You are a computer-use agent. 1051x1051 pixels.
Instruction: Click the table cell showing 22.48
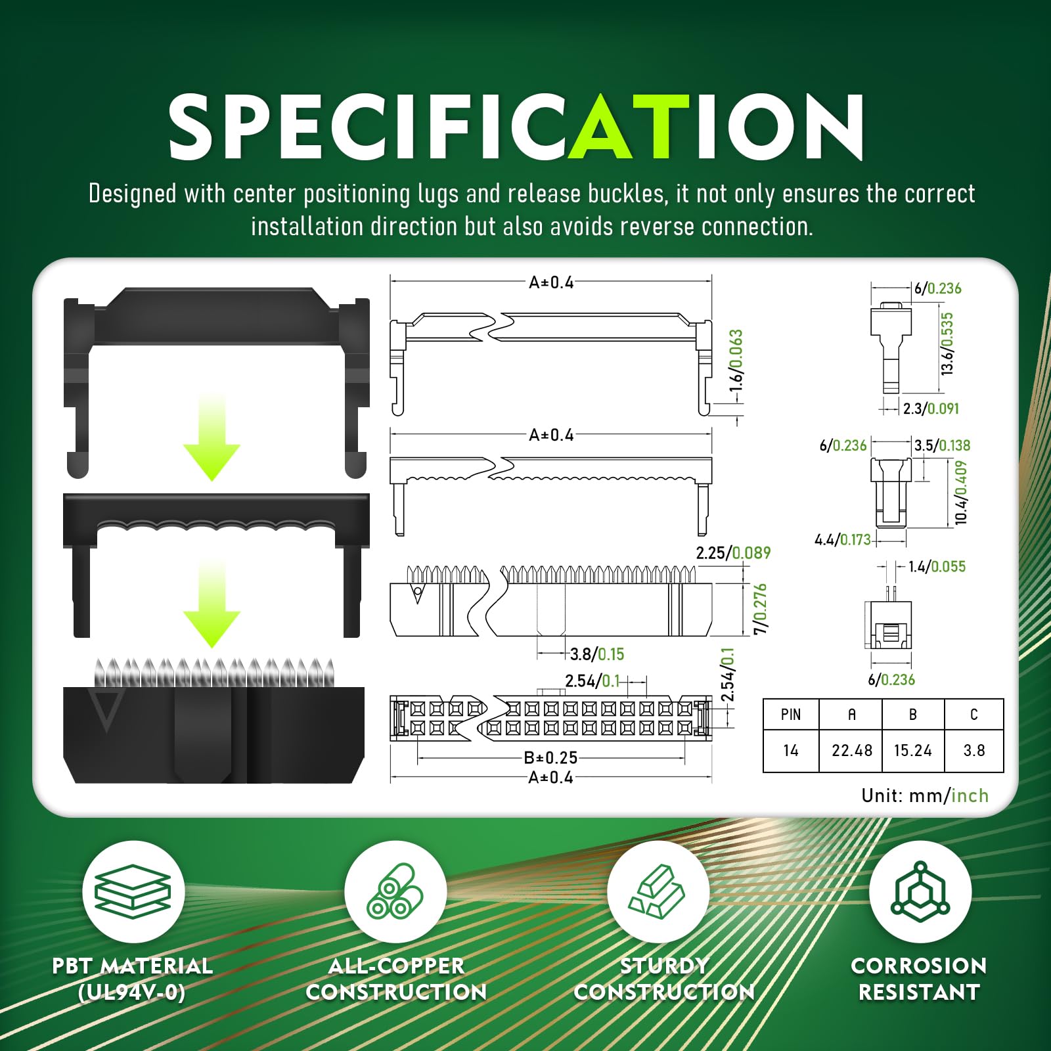coord(851,750)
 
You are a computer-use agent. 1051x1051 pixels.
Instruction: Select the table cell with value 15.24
coord(913,750)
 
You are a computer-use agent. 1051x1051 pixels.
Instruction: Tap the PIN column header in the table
coord(791,715)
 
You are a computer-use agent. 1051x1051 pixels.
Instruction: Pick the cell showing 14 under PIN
coord(791,750)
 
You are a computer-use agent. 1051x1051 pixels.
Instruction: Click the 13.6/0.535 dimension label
coord(947,344)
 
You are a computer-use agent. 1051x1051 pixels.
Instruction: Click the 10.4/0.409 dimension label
coord(961,493)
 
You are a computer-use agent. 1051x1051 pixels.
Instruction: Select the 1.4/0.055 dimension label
coord(937,567)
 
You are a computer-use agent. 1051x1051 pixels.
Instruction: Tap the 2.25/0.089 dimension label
coord(733,553)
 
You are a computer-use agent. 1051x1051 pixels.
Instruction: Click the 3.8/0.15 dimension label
coord(597,654)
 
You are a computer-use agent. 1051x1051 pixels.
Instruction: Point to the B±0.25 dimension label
coord(550,757)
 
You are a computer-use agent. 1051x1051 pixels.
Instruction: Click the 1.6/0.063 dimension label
coord(736,361)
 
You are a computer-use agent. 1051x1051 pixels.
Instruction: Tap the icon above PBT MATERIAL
coord(133,891)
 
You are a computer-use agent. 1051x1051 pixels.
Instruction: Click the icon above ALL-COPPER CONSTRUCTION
coord(395,891)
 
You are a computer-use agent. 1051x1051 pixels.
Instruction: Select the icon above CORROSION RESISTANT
coord(920,891)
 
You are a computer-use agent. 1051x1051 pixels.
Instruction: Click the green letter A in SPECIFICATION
coord(602,126)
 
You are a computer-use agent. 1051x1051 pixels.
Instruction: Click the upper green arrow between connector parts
coord(212,437)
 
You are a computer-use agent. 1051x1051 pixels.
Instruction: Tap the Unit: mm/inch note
coord(925,795)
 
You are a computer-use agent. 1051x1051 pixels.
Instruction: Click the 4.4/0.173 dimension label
coord(843,540)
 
